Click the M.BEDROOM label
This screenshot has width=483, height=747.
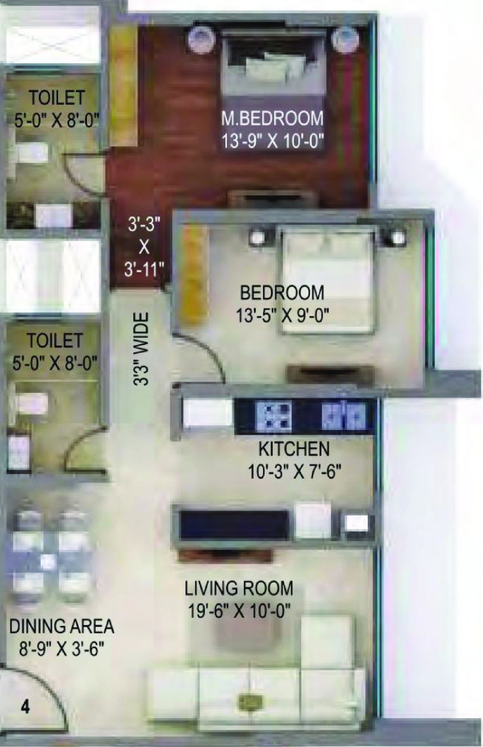(x=272, y=119)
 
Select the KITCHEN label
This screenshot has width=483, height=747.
(x=294, y=449)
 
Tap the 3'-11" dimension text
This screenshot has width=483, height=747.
(x=144, y=270)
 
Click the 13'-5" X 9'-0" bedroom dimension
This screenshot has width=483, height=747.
(x=282, y=316)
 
